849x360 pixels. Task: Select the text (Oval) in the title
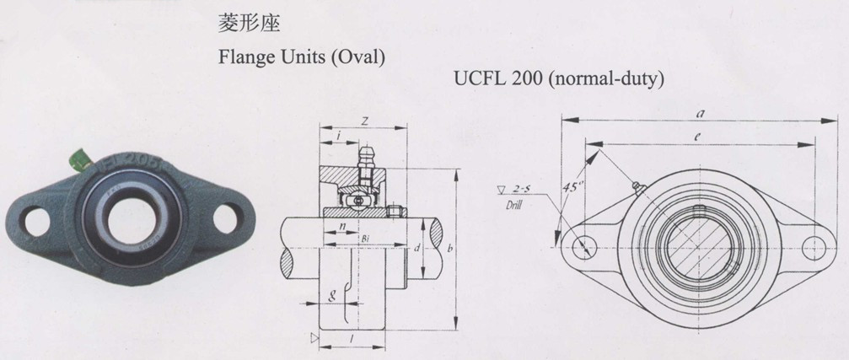pos(357,59)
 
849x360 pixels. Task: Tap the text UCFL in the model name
pos(478,80)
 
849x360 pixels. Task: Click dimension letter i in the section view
pos(337,136)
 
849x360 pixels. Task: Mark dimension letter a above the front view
pos(701,112)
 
